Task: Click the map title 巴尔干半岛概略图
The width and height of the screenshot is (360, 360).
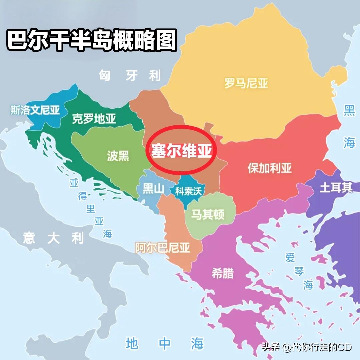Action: click(x=92, y=41)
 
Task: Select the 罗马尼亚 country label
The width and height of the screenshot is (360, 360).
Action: click(x=246, y=83)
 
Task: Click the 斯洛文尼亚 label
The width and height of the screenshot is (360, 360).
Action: click(x=35, y=110)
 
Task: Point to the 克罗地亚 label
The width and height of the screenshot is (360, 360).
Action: click(x=94, y=119)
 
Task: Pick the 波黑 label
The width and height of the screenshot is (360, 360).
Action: click(x=118, y=156)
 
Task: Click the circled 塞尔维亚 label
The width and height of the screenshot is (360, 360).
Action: click(x=182, y=151)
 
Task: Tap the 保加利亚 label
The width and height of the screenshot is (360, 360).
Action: click(x=269, y=168)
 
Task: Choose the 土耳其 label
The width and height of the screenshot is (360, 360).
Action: click(x=336, y=188)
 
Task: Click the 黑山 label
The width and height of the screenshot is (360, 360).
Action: click(x=154, y=189)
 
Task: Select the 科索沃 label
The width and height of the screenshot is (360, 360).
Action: click(x=189, y=191)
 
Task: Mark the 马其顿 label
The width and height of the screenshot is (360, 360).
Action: click(x=207, y=214)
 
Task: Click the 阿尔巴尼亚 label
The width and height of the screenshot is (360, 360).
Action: click(x=162, y=248)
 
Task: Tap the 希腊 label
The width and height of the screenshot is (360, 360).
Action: click(x=223, y=273)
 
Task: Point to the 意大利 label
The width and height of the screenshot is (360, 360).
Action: click(x=53, y=238)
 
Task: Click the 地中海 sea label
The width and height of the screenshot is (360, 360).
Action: click(x=165, y=343)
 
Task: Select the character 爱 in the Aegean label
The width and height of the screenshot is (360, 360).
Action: click(x=290, y=258)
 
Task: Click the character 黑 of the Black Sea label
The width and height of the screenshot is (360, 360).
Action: click(x=349, y=110)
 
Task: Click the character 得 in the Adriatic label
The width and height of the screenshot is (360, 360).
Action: click(x=82, y=196)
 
